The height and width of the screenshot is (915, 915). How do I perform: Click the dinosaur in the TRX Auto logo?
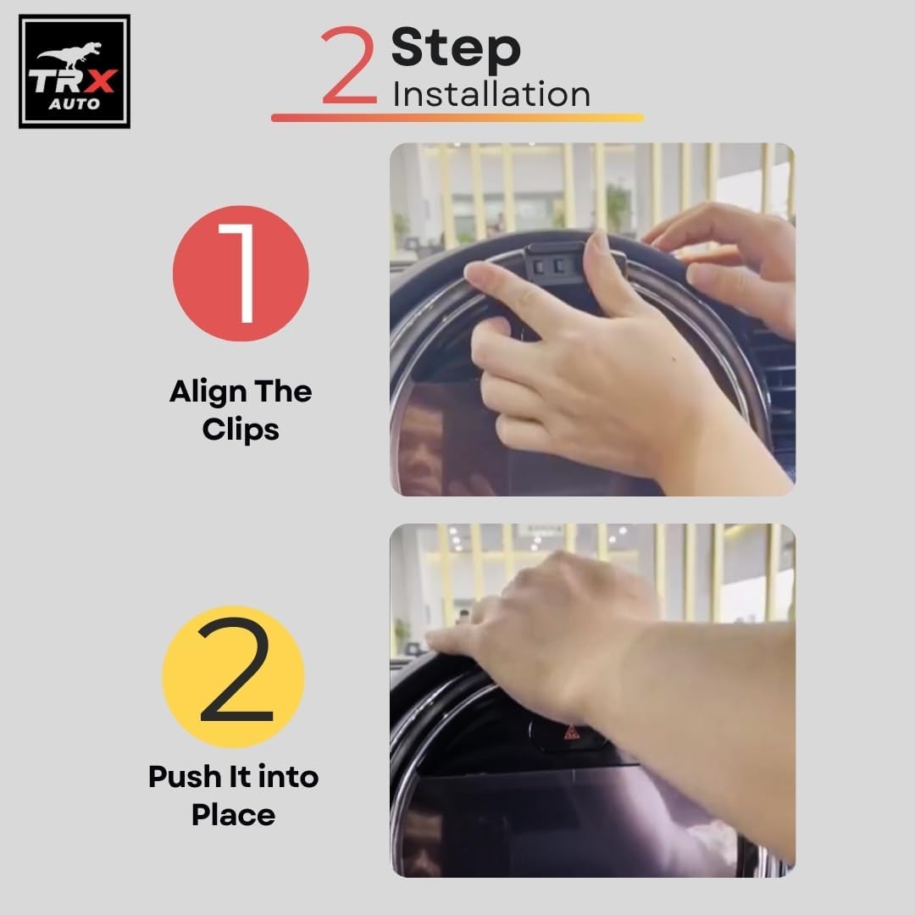(69, 55)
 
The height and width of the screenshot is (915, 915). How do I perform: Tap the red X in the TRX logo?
(100, 81)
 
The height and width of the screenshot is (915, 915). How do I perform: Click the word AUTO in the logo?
(74, 104)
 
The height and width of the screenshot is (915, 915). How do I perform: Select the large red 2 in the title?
(349, 64)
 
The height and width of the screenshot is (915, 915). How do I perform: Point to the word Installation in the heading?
(491, 94)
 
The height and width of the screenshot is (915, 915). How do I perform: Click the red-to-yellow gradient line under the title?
(457, 117)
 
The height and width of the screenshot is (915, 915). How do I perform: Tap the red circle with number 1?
(241, 273)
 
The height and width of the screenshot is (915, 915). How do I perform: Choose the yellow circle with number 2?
(234, 676)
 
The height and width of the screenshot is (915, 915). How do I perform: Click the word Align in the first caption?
(208, 392)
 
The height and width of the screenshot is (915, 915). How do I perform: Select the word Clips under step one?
(241, 430)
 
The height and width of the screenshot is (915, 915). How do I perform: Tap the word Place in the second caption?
(234, 815)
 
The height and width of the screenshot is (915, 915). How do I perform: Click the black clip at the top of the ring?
(554, 263)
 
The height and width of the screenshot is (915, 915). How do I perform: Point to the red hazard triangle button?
(571, 732)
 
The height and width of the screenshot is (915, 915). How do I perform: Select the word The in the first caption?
(283, 392)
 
